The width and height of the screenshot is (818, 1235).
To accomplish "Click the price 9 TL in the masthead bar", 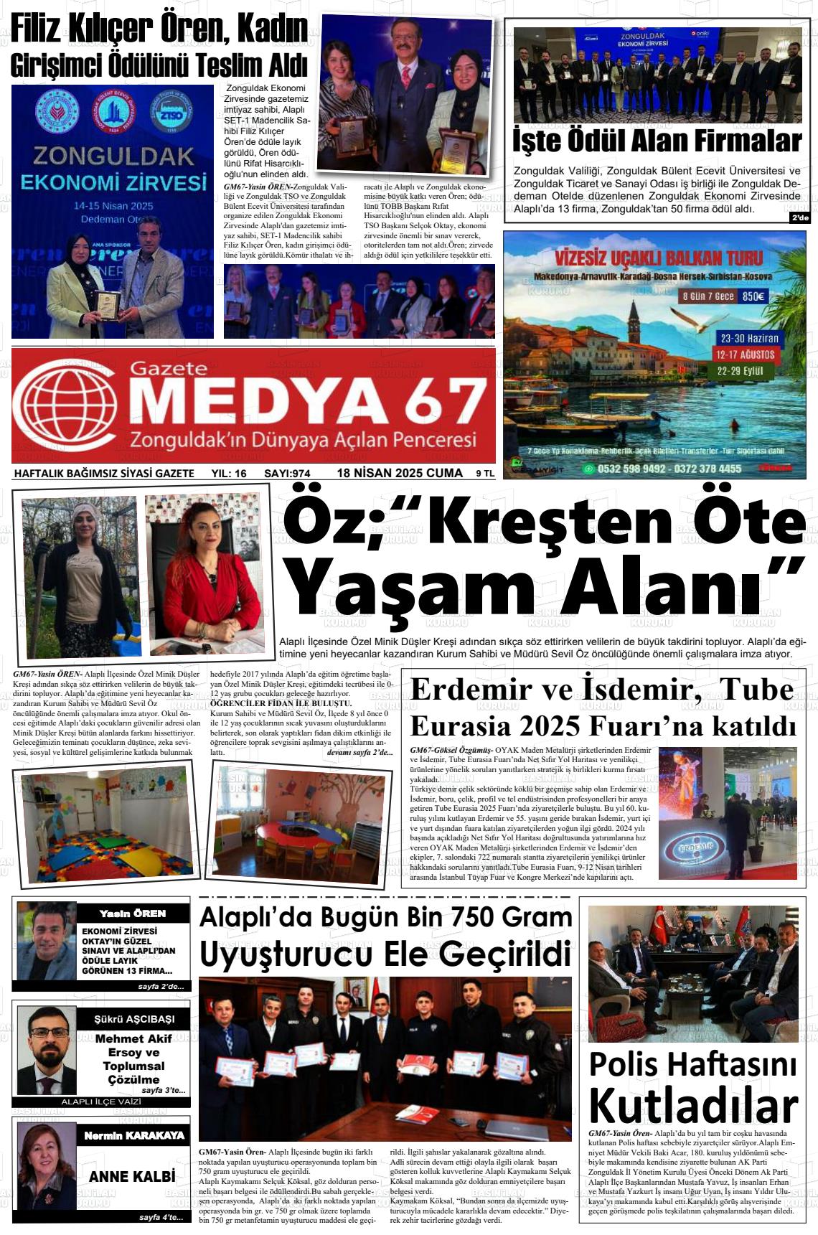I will pos(485,474).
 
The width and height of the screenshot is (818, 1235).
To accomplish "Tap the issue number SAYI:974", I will pos(287,474).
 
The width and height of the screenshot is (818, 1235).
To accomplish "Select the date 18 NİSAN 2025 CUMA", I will pos(400,473).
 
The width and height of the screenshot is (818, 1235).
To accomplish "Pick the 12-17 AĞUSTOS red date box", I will pos(746,354).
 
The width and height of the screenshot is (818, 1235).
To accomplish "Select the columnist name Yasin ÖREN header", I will pos(133,914).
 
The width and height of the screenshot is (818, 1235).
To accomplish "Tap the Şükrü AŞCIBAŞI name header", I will pos(134,1019).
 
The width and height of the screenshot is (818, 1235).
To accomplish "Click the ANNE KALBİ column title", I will pos(132,1177).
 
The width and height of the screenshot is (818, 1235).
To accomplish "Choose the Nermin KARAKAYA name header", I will pos(134,1136).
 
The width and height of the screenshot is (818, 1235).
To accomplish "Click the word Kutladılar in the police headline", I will pos(693,1105).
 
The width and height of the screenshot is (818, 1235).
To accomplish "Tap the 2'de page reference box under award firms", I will pos(799,218).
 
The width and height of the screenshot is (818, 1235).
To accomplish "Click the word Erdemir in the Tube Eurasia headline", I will pos(470,690).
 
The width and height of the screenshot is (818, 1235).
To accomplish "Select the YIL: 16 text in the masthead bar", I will pos(229,474).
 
